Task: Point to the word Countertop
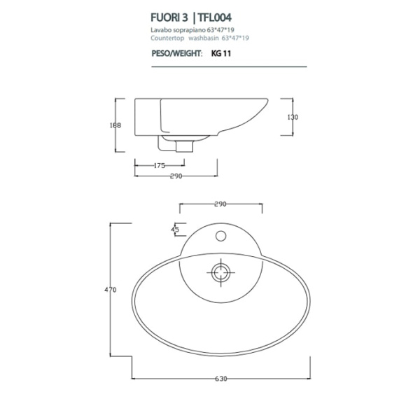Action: (167, 38)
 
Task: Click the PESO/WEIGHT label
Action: (176, 53)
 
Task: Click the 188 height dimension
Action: (115, 126)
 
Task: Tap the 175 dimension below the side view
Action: (158, 166)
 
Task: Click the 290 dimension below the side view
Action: (176, 176)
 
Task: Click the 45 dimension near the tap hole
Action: (175, 229)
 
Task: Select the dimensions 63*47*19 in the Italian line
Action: (222, 31)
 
